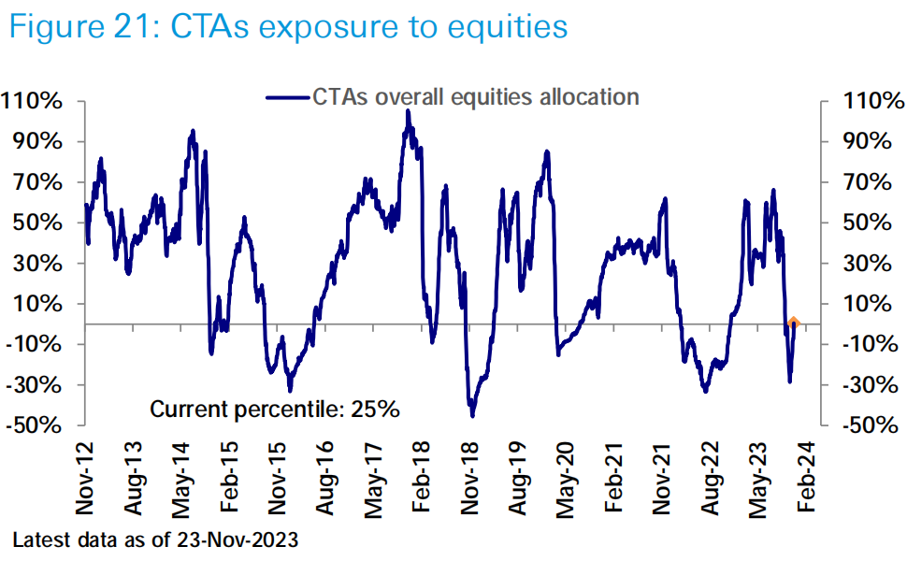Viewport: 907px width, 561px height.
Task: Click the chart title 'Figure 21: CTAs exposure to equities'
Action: pyautogui.click(x=287, y=26)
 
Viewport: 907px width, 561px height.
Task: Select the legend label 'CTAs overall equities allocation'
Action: pyautogui.click(x=475, y=97)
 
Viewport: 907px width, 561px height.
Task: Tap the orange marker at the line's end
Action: pyautogui.click(x=793, y=324)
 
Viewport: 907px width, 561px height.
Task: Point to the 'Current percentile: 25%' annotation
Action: pyautogui.click(x=276, y=409)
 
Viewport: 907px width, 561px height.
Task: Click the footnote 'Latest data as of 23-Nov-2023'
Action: pyautogui.click(x=154, y=540)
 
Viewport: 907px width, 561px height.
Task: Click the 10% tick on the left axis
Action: pyautogui.click(x=38, y=304)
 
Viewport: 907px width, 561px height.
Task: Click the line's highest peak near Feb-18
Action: pyautogui.click(x=408, y=111)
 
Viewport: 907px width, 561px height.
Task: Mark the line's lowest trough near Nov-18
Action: pyautogui.click(x=473, y=416)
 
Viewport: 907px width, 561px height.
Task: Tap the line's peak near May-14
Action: pyautogui.click(x=193, y=131)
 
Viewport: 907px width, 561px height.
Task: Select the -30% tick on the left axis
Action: pyautogui.click(x=36, y=384)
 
